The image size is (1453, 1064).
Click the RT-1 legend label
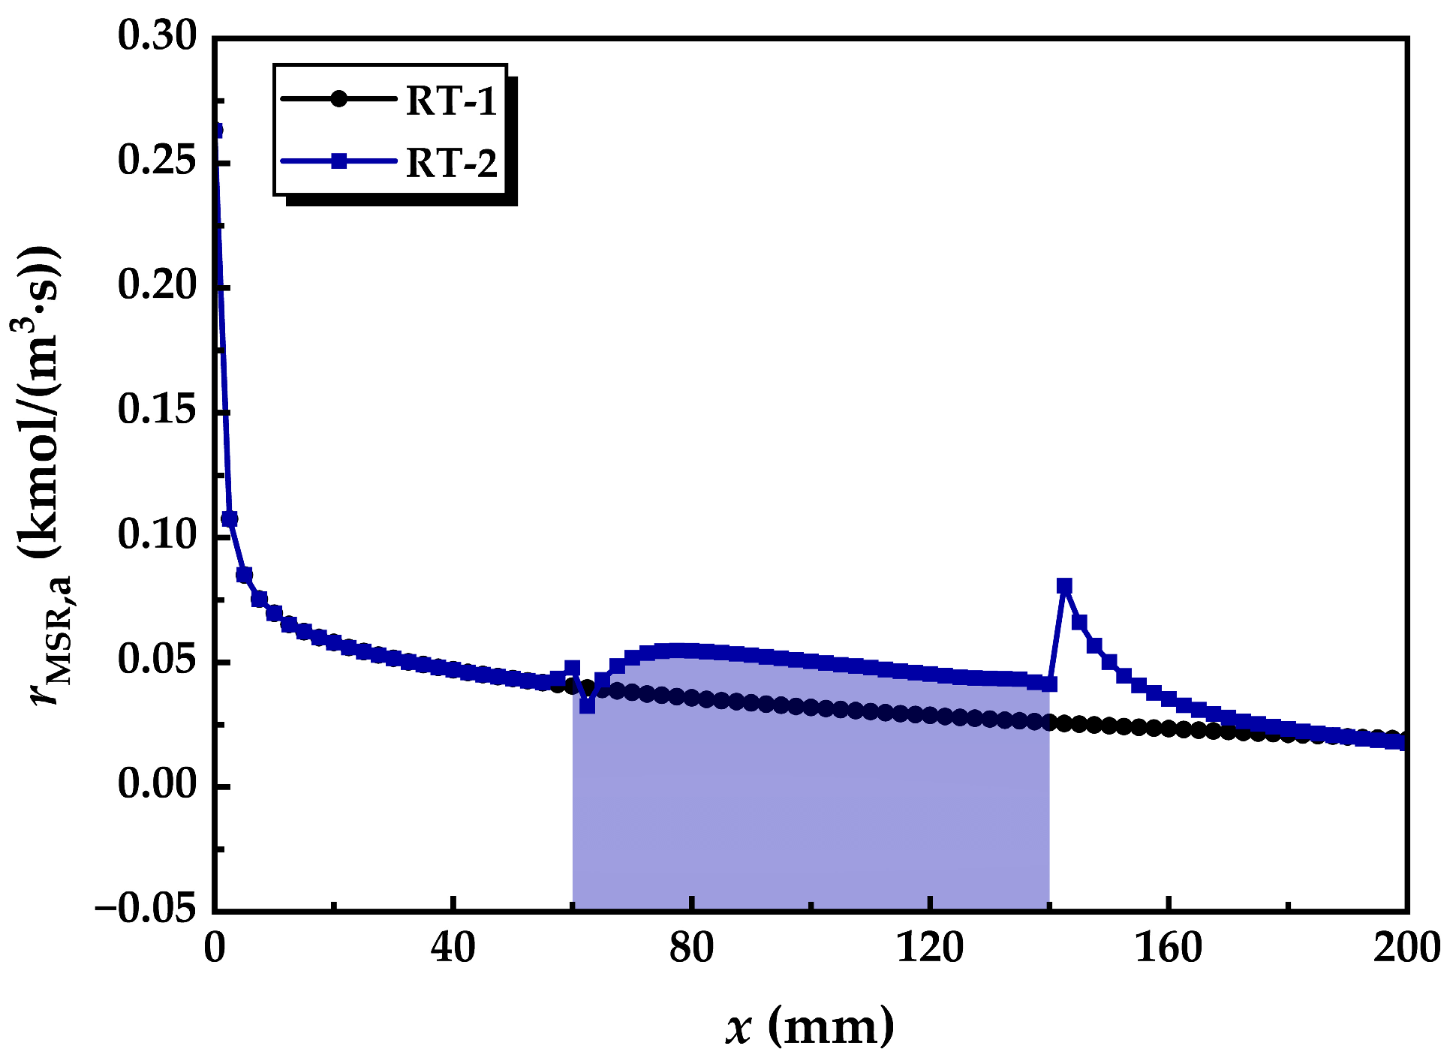(x=451, y=101)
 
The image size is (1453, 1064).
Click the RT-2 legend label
(x=451, y=162)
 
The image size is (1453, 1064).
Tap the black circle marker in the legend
(x=339, y=99)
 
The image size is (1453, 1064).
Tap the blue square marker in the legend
(x=339, y=161)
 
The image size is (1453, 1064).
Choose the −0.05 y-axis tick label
(x=146, y=909)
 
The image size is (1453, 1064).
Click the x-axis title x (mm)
(x=810, y=1025)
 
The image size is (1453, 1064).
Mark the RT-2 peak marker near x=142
(x=1064, y=585)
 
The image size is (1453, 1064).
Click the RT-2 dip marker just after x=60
(x=587, y=705)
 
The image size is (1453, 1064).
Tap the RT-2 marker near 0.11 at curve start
(x=230, y=518)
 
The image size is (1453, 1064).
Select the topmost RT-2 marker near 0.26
(x=216, y=131)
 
